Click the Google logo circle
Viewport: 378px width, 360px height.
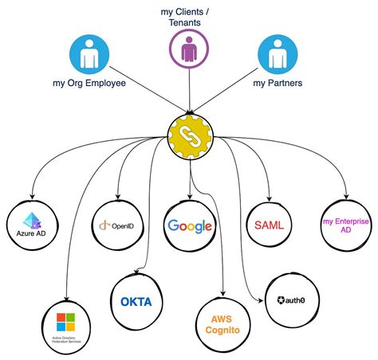click(189, 225)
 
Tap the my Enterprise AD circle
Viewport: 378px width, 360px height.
click(345, 225)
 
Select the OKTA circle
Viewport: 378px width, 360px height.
click(136, 301)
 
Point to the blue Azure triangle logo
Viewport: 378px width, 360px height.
click(32, 220)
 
